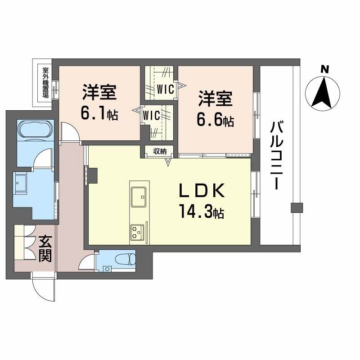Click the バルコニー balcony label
[x=275, y=155]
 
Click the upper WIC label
[x=165, y=90]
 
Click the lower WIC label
[x=151, y=115]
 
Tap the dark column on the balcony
[x=296, y=207]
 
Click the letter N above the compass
[x=324, y=69]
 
